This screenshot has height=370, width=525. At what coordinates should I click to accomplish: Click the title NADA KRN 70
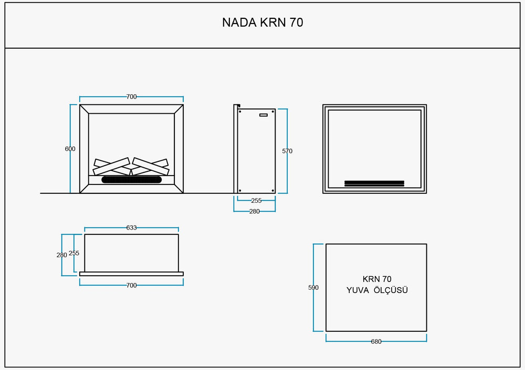(262, 23)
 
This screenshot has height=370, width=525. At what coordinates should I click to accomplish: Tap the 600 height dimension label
(70, 149)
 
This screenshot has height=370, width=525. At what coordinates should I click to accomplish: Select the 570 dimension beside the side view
(287, 151)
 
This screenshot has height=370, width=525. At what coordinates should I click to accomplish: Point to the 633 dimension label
(131, 227)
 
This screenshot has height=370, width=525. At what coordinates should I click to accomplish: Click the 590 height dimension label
(313, 288)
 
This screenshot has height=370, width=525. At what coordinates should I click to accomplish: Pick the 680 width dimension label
(376, 342)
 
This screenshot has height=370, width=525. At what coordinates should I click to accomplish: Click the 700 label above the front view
(131, 97)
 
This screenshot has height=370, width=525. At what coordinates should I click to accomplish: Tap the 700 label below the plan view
(131, 285)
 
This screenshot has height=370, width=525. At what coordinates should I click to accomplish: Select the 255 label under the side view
(256, 200)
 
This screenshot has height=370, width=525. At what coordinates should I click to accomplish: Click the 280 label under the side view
(255, 211)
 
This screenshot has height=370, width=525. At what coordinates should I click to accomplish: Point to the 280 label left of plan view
(62, 255)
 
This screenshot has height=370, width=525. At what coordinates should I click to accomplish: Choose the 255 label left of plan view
(74, 253)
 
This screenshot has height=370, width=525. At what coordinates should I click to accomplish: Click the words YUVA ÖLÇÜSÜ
(377, 290)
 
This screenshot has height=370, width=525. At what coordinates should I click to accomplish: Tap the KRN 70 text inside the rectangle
(377, 279)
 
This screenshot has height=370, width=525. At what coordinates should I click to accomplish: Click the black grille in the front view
(131, 180)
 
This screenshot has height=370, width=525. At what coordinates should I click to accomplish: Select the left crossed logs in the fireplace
(112, 166)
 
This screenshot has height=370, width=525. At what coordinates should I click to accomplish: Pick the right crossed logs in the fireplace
(151, 166)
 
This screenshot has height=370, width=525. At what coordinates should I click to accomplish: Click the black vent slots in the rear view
(374, 183)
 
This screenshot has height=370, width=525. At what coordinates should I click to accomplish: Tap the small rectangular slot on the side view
(263, 115)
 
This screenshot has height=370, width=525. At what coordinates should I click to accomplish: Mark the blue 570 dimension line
(287, 173)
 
